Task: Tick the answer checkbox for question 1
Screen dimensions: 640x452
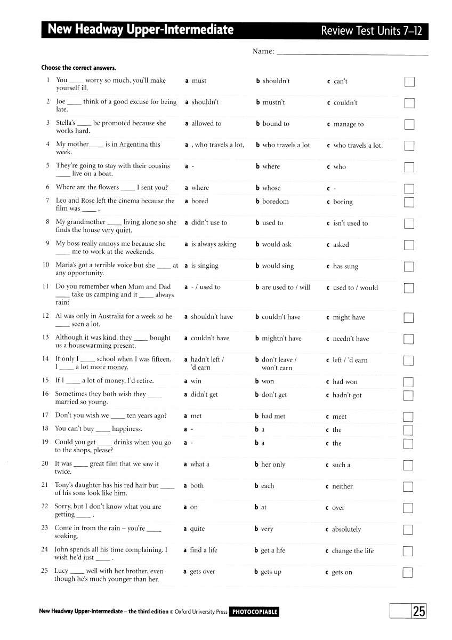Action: tap(409, 82)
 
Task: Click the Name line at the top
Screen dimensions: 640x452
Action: tap(352, 53)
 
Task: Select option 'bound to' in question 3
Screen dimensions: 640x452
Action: tap(276, 124)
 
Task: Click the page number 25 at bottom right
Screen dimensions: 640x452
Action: tap(419, 611)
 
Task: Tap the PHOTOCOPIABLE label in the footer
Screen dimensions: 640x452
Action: tap(254, 612)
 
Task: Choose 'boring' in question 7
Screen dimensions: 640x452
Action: tap(343, 202)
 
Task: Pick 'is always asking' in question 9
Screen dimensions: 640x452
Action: tap(213, 244)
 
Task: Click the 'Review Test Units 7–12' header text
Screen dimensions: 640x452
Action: tap(371, 31)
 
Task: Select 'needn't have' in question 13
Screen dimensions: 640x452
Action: tap(350, 339)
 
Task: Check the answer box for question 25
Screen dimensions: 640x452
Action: tap(408, 573)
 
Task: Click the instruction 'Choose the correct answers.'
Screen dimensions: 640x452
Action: tap(78, 68)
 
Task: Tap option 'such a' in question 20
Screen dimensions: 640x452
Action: tap(341, 465)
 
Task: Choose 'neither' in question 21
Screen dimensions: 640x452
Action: tap(342, 486)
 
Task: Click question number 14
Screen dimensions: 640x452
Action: tap(45, 359)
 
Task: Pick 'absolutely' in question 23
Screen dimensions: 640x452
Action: tap(346, 530)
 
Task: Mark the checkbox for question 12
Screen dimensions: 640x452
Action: tap(409, 318)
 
